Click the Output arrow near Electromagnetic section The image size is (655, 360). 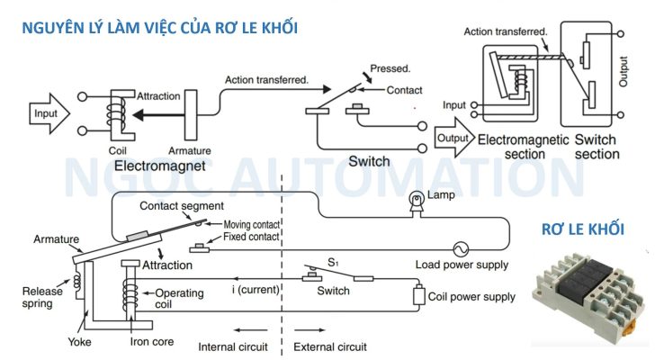coord(453,139)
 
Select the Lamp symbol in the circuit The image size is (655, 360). coord(417,201)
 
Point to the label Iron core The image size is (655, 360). coord(153,342)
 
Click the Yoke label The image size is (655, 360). coord(79,342)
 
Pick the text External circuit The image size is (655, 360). coord(329,345)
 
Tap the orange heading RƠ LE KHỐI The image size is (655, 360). coord(582,230)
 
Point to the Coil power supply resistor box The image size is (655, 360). coord(418,296)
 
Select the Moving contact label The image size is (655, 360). coord(251,224)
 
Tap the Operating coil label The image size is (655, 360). coord(180,299)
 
